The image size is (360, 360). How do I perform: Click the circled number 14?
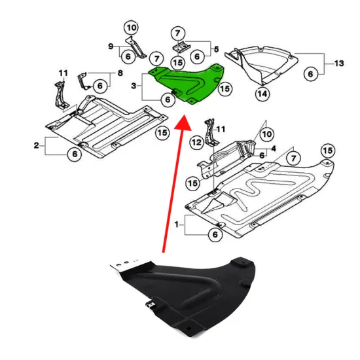[262, 94]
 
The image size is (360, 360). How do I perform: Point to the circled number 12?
[196, 142]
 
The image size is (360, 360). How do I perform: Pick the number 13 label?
[338, 63]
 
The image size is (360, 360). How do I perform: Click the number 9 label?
[111, 45]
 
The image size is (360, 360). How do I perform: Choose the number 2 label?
[36, 142]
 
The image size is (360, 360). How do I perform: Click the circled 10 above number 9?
[132, 27]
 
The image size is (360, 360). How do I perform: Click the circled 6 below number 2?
[75, 154]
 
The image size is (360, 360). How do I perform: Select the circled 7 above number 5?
[177, 33]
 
